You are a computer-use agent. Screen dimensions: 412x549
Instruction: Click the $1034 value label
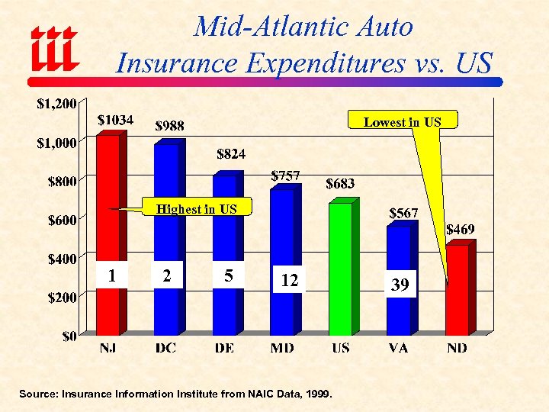pyautogui.click(x=116, y=120)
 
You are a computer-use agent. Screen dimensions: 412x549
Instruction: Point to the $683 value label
pyautogui.click(x=340, y=183)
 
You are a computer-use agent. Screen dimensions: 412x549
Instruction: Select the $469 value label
pyautogui.click(x=460, y=228)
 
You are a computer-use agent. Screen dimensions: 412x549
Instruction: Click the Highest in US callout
pyautogui.click(x=196, y=208)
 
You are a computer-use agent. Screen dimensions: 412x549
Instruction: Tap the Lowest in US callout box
pyautogui.click(x=402, y=121)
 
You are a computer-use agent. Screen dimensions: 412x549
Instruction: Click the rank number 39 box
pyautogui.click(x=400, y=285)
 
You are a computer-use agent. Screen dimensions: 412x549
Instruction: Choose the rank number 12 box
pyautogui.click(x=289, y=281)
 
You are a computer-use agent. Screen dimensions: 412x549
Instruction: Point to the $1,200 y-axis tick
pyautogui.click(x=56, y=104)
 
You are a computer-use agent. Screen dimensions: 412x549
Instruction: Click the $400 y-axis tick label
pyautogui.click(x=60, y=259)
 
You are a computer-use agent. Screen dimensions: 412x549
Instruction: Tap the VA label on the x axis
pyautogui.click(x=398, y=348)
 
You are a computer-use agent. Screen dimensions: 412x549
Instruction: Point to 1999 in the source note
pyautogui.click(x=318, y=394)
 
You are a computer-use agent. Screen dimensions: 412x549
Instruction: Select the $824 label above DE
pyautogui.click(x=231, y=154)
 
